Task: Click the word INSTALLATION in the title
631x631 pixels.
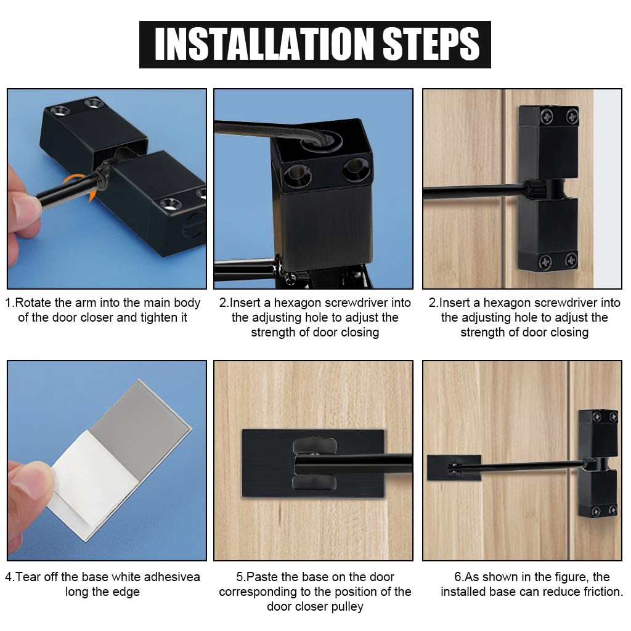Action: [264, 44]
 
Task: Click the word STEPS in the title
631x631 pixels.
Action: [431, 44]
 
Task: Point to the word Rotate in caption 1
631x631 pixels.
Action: [33, 303]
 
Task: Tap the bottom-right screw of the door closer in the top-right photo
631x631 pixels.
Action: [571, 260]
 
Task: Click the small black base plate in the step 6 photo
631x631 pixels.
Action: [454, 468]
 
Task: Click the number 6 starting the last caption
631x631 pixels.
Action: [458, 577]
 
